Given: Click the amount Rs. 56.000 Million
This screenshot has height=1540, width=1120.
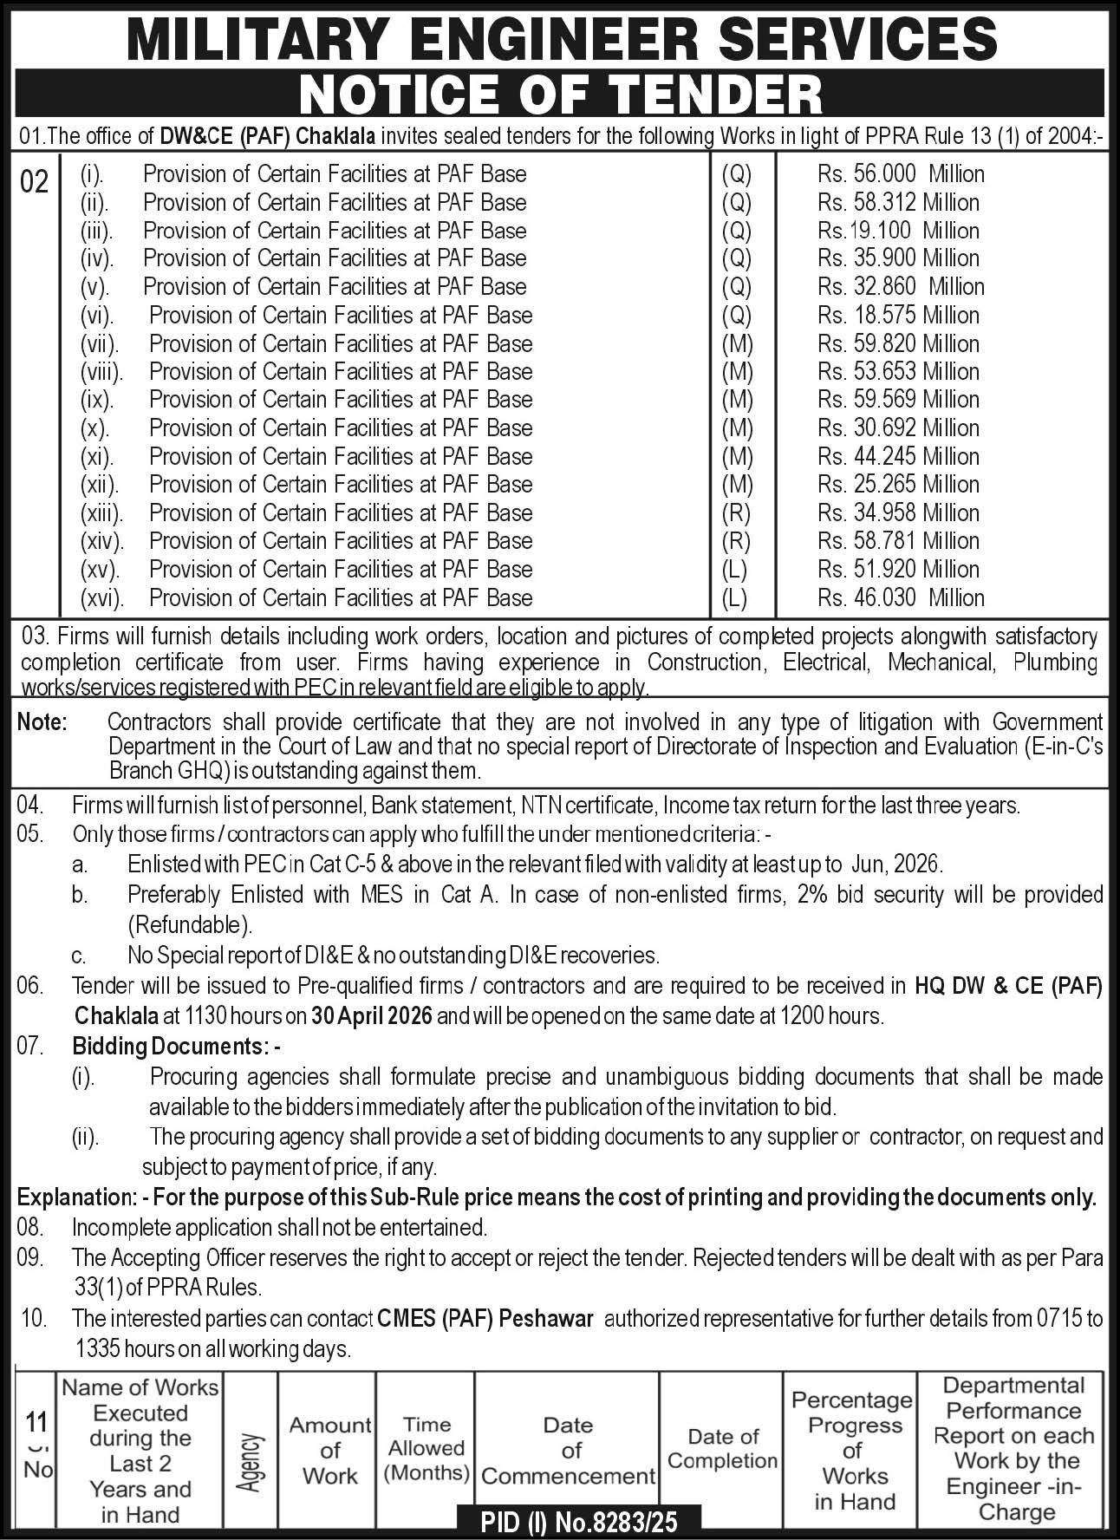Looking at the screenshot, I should pyautogui.click(x=901, y=174).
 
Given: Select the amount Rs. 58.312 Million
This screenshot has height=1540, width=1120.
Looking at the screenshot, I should pyautogui.click(x=898, y=203).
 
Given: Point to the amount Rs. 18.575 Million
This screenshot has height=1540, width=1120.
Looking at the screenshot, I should pyautogui.click(x=898, y=316).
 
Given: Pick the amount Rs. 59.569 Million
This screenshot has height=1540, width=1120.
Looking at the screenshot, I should pyautogui.click(x=898, y=400).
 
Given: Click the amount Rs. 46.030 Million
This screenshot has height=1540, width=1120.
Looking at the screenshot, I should pyautogui.click(x=901, y=598).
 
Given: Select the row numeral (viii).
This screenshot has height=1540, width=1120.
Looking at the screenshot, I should pyautogui.click(x=102, y=372).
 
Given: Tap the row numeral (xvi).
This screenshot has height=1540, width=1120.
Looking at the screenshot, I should pyautogui.click(x=102, y=598).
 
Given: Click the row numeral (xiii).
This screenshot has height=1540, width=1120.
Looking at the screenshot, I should pyautogui.click(x=102, y=513).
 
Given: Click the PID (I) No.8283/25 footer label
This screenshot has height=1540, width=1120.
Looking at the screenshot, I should pyautogui.click(x=578, y=1521).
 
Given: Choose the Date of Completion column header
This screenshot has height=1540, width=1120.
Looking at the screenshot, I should pyautogui.click(x=723, y=1449).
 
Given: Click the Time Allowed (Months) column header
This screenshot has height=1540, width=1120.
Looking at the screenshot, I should pyautogui.click(x=427, y=1448).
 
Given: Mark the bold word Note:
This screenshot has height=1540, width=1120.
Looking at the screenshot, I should pyautogui.click(x=42, y=722).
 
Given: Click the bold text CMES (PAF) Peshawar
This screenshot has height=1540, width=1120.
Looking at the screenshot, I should pyautogui.click(x=485, y=1319).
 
